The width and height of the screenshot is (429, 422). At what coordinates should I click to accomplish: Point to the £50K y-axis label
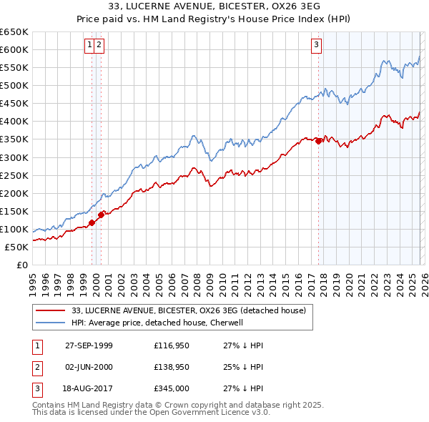click(16, 247)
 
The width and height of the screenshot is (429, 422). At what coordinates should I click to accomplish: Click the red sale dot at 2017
click(318, 141)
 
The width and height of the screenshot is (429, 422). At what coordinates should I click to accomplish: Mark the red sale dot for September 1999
click(92, 223)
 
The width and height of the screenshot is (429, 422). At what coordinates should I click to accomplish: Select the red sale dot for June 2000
click(101, 213)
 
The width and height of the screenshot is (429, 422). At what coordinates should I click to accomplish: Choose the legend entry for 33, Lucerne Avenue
click(189, 310)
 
